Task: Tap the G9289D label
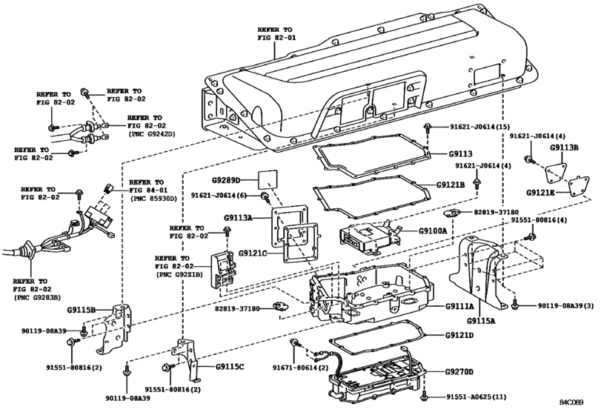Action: click(x=228, y=179)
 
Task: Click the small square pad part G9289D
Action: click(x=265, y=179)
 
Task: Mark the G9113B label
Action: click(x=565, y=147)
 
